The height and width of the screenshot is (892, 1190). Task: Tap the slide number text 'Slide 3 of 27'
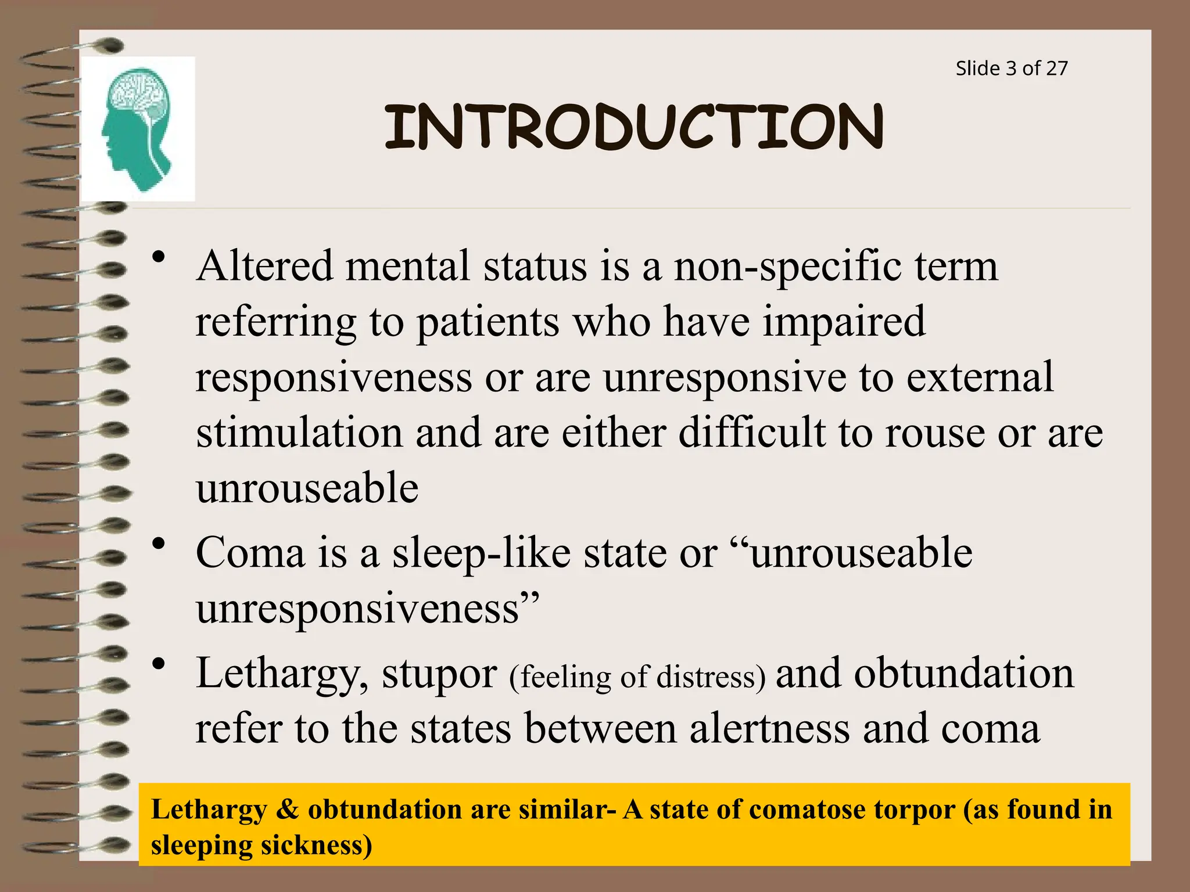[x=1011, y=69]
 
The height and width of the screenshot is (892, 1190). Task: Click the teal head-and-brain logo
[x=137, y=129]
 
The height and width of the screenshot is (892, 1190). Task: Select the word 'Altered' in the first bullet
[x=265, y=266]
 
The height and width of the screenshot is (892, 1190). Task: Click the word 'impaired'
[x=844, y=321]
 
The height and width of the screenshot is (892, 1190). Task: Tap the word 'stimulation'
[x=299, y=433]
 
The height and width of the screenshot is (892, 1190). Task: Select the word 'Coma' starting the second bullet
[x=250, y=552]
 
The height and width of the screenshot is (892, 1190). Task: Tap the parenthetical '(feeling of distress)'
[x=637, y=677]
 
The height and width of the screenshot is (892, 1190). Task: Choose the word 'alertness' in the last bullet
[x=769, y=728]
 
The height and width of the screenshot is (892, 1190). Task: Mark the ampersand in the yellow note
[x=287, y=810]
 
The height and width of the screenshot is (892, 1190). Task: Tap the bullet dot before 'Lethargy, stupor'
[x=158, y=664]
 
